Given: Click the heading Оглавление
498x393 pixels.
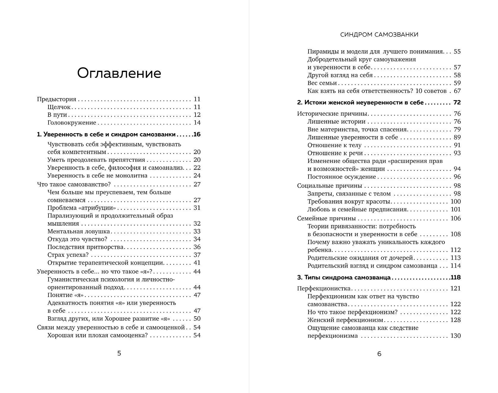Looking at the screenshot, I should [119, 73].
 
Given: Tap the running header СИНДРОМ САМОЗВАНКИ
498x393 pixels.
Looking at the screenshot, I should [379, 35].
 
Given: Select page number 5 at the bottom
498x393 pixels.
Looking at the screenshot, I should [119, 353].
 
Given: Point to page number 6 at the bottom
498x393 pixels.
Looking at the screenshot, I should [379, 354].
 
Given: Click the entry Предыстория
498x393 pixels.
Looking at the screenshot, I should [57, 99].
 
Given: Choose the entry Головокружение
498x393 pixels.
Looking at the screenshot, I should [72, 123].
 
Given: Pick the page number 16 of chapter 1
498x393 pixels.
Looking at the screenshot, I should [197, 134].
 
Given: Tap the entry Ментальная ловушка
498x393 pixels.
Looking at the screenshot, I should [79, 232].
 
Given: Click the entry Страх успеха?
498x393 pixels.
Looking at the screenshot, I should [68, 255].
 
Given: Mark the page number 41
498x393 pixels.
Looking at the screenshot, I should [197, 263].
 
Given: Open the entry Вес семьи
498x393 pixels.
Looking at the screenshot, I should [322, 83].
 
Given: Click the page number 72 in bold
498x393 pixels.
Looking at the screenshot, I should [457, 103].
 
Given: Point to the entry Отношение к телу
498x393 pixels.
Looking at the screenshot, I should [334, 145].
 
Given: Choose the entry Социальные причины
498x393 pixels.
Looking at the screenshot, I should [329, 186].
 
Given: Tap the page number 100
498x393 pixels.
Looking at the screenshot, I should [455, 202].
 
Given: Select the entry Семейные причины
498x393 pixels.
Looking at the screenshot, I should [326, 218].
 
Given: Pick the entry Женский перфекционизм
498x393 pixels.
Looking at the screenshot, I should [345, 320].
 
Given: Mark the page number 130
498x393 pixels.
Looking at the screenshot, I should [455, 336].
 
